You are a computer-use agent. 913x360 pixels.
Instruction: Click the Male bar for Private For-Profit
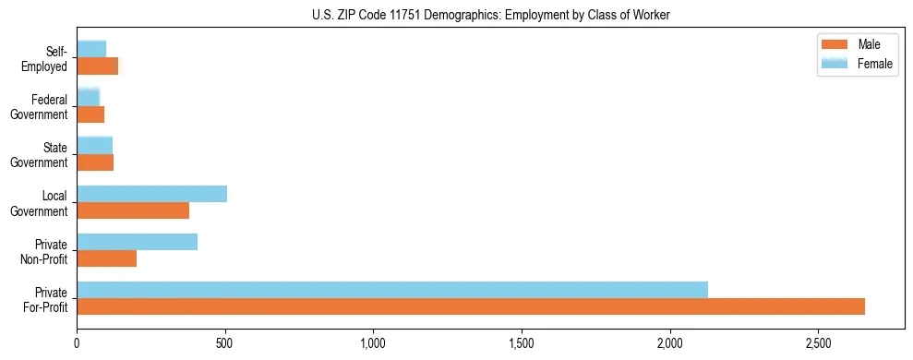point(471,306)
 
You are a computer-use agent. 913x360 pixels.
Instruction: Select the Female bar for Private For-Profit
point(392,290)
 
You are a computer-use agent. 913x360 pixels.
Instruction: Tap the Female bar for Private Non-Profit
point(137,242)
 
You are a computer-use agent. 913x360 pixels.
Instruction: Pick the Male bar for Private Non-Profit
point(107,258)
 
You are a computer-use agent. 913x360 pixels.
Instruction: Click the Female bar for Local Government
point(151,194)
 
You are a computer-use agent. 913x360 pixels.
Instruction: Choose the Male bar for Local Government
point(133,210)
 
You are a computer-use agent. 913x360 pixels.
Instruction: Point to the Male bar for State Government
point(95,162)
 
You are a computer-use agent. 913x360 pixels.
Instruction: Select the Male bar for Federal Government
point(90,114)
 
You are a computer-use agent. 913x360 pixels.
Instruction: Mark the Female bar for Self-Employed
point(91,49)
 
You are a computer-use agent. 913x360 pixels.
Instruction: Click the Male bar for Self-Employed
point(98,66)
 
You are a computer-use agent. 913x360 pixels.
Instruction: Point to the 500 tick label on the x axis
point(225,342)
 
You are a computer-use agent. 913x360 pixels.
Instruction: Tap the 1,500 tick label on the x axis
point(522,342)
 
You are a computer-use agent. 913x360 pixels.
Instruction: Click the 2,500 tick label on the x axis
point(818,342)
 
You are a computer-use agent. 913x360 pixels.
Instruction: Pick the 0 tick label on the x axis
point(78,342)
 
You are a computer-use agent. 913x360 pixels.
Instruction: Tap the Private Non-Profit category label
point(44,251)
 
